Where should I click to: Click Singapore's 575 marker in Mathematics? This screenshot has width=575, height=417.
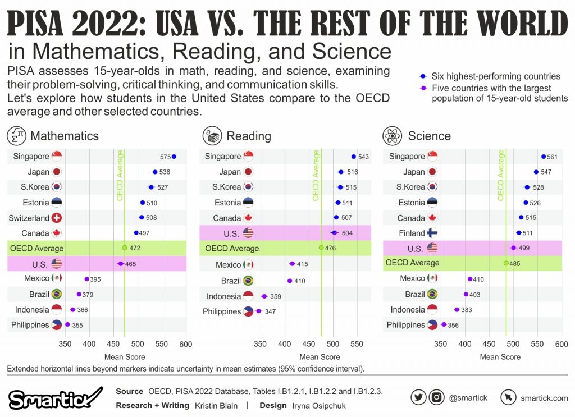coord(174,157)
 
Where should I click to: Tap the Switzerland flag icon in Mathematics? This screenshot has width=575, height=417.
coord(57,218)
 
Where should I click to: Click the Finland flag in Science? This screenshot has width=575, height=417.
coord(433,233)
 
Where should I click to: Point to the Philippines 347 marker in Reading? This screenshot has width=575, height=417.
coord(258,310)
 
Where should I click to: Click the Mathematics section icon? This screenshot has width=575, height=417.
coord(17,135)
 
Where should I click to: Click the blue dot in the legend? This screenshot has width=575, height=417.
coord(422,76)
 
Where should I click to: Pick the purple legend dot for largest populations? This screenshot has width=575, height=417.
coord(422,88)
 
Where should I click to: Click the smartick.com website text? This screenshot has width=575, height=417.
coord(544,398)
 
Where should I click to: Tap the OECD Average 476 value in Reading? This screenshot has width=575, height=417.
coord(330,248)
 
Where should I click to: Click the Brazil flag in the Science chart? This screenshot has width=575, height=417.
coord(432,294)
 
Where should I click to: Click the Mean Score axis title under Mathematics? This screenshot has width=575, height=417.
coord(125,356)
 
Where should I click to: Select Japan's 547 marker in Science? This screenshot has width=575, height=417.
coord(536,172)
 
